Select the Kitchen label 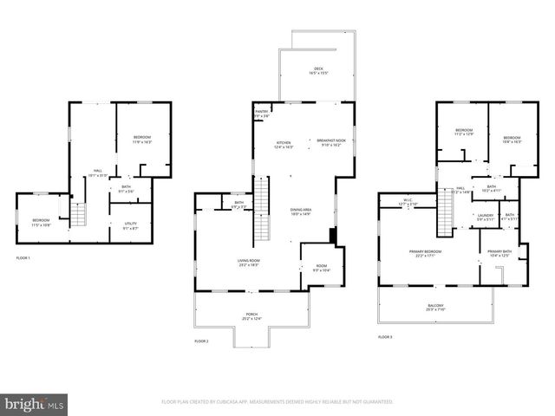click(284, 144)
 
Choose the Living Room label click(250, 263)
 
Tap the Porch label click(251, 316)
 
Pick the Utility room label click(130, 224)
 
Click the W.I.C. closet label click(408, 202)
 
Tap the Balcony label click(435, 307)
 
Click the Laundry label click(485, 217)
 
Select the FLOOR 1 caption click(23, 258)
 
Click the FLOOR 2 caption click(202, 341)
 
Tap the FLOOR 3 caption click(385, 336)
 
